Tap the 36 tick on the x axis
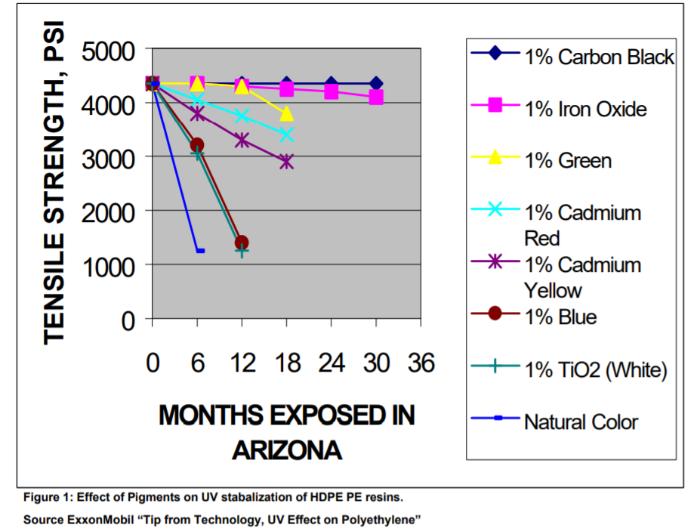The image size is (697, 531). [x=421, y=363]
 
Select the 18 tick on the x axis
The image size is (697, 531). [x=286, y=363]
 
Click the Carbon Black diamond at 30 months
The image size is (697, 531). [x=375, y=83]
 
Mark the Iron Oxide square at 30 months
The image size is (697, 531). [x=375, y=97]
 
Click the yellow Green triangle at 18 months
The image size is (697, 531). [x=286, y=114]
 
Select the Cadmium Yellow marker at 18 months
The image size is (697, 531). [x=286, y=162]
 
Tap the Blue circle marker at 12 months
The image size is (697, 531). [x=242, y=242]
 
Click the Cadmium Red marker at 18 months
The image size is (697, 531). [x=286, y=134]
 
